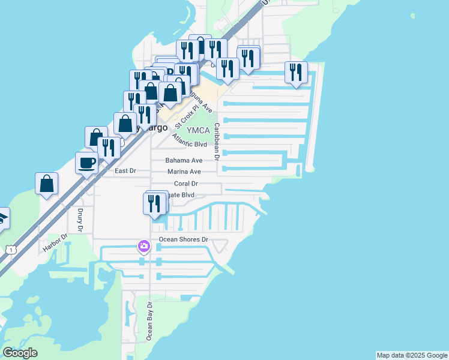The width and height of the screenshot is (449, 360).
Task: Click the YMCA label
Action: (x=198, y=130)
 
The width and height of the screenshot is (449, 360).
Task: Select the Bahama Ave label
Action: (x=184, y=161)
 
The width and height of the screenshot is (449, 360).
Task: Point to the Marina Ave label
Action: (x=184, y=172)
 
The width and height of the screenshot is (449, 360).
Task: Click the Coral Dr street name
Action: (x=186, y=184)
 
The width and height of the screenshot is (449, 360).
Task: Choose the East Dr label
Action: (x=125, y=171)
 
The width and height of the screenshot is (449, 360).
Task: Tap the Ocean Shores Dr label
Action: (x=183, y=239)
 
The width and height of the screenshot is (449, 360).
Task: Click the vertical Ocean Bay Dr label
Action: (x=150, y=321)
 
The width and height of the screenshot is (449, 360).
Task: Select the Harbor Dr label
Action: (x=57, y=246)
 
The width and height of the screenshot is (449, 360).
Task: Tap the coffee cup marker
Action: (x=87, y=163)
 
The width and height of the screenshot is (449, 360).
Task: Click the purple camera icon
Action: (x=143, y=245)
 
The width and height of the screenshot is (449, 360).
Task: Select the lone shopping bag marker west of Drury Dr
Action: (x=46, y=182)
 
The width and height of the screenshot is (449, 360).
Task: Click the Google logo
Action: (x=20, y=353)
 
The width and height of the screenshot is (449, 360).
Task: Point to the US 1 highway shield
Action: (x=10, y=250)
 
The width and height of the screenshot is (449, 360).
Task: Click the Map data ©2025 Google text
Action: (x=412, y=355)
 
